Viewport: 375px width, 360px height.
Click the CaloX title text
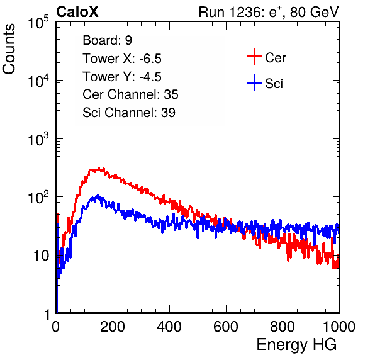click(77, 12)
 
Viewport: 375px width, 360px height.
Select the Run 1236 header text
click(269, 12)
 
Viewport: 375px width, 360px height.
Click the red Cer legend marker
click(254, 57)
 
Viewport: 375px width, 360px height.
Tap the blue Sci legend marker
click(254, 82)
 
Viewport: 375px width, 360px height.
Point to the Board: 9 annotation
click(107, 40)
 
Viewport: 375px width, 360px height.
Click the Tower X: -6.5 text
click(122, 59)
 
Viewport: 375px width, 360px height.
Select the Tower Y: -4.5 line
click(122, 77)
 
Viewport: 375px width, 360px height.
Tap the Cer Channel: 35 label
click(130, 94)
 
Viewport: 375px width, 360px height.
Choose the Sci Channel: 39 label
click(129, 113)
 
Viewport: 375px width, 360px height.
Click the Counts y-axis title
click(9, 49)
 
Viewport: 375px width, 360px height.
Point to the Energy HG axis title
click(296, 344)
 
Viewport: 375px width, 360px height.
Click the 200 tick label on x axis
click(112, 327)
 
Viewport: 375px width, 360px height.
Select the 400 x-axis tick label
click(169, 327)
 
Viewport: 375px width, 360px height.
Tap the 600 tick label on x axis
click(226, 327)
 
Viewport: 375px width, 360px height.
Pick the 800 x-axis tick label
click(283, 327)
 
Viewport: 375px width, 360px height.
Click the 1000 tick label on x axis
click(339, 327)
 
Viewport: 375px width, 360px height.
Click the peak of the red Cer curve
click(99, 168)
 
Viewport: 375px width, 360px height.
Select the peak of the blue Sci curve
click(98, 196)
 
